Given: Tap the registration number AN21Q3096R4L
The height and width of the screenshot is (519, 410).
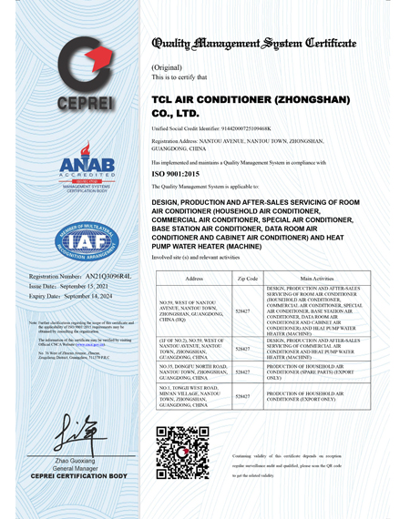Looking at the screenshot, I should point(99,275).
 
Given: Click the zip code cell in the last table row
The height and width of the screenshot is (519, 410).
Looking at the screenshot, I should point(243,396).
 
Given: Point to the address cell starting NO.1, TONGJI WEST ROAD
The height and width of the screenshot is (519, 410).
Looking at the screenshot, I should point(193,396).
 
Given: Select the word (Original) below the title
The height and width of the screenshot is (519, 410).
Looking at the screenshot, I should point(165,68).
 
